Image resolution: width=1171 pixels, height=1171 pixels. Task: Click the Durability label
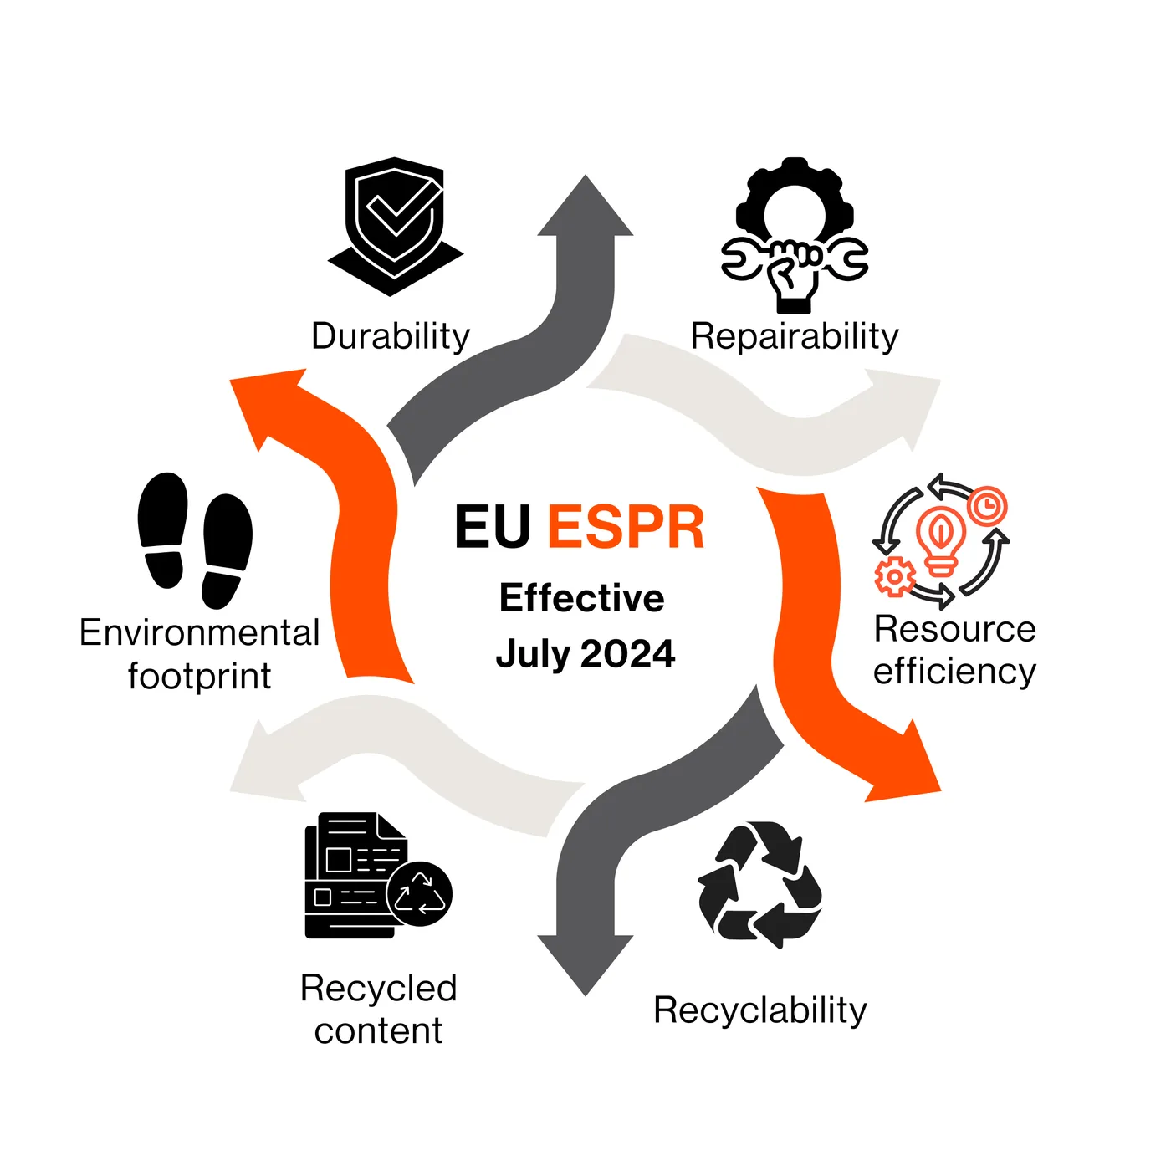point(390,336)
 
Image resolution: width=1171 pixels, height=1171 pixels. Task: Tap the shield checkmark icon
point(395,226)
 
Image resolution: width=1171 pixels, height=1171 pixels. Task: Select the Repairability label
point(794,336)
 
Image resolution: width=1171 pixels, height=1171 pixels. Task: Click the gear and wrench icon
point(795,235)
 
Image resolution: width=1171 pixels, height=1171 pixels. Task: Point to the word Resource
point(954,629)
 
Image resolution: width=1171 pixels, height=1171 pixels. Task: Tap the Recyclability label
point(759,1010)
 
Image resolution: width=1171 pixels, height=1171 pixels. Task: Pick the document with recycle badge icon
point(378,876)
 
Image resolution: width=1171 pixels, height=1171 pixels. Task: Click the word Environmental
point(199,632)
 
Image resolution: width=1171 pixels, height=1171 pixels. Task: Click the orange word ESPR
point(626,527)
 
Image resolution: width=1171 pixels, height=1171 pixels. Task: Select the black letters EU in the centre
point(493,527)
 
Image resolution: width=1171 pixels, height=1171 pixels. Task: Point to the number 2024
point(627,654)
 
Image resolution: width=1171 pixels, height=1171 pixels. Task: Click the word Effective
point(581,599)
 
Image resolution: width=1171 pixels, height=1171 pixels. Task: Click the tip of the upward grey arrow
point(585,176)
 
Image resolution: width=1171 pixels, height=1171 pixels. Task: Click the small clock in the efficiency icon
point(988,505)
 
